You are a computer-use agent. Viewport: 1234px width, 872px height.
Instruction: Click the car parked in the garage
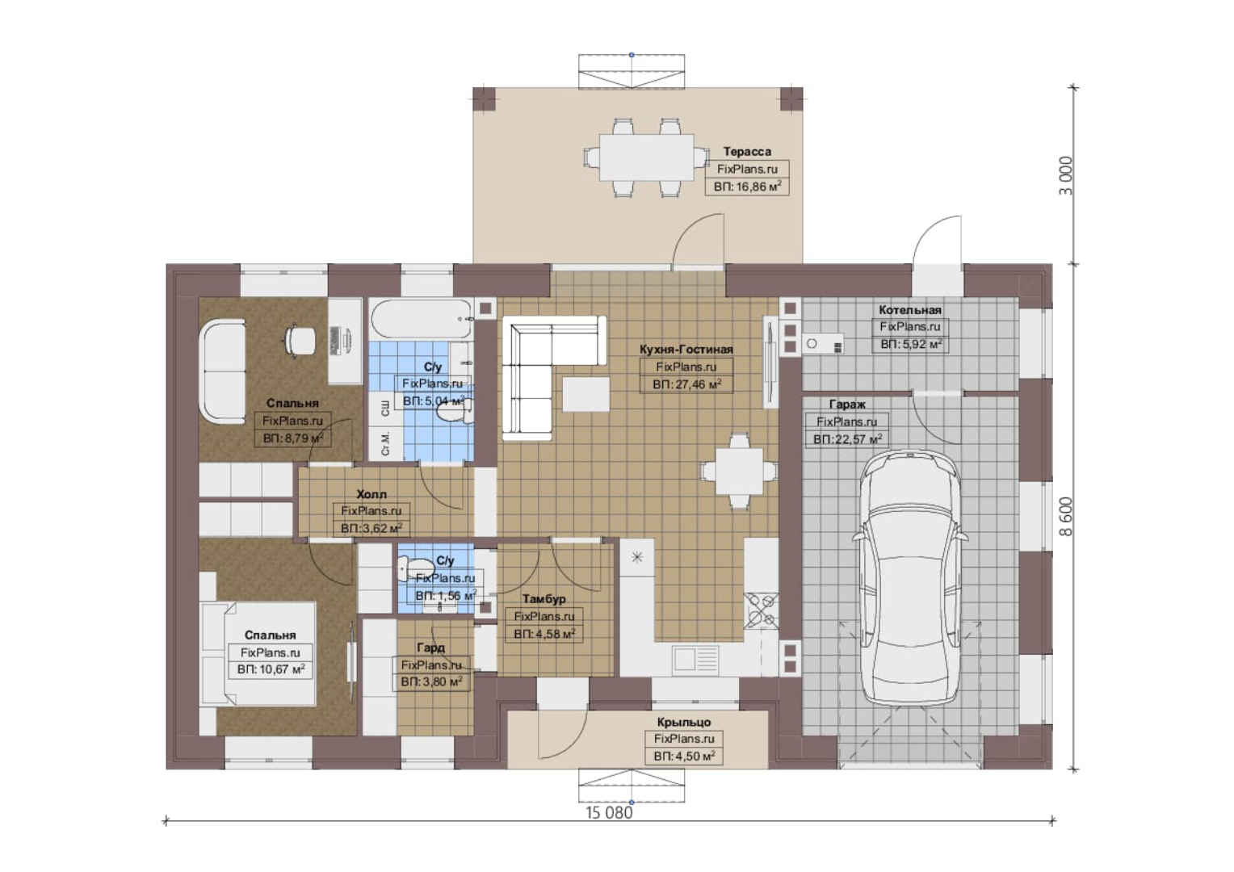(911, 576)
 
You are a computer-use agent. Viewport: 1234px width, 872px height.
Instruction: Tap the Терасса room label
(747, 151)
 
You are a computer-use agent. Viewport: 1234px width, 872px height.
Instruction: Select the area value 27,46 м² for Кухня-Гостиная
(686, 384)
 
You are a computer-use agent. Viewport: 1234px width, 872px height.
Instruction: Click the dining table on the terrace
(646, 157)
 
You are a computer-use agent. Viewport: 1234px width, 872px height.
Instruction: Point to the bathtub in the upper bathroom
(422, 318)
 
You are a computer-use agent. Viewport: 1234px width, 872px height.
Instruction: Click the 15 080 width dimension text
(609, 812)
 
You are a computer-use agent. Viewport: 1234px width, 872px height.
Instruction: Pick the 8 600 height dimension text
(1067, 517)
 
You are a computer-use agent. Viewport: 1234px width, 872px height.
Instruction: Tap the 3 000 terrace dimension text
(1067, 175)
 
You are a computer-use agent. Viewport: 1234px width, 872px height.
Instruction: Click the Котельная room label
(909, 309)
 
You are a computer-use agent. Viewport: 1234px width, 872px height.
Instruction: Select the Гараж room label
(847, 405)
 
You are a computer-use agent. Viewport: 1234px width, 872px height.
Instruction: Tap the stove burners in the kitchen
(761, 610)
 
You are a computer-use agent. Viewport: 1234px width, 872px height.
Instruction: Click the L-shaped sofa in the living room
(551, 375)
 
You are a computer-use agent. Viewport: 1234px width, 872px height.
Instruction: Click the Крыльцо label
(684, 722)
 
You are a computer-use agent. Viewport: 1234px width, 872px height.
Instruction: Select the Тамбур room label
(544, 598)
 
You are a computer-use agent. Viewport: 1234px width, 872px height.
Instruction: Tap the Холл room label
(371, 493)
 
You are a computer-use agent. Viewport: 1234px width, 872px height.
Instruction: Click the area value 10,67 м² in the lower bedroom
(271, 669)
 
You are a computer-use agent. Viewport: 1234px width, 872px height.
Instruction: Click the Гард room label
(430, 648)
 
